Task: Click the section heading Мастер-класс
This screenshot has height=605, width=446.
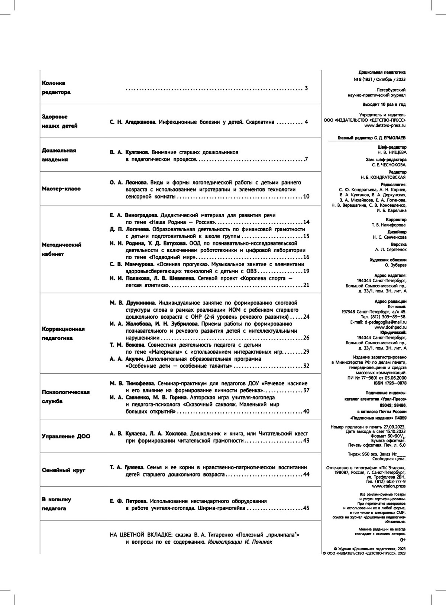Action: tap(61, 189)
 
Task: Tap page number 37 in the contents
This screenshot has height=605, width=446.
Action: tap(306, 390)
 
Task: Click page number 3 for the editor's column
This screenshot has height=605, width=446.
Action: tap(306, 88)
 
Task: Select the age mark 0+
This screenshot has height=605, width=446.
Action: tap(403, 540)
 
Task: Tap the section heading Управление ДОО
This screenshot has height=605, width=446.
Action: tap(66, 437)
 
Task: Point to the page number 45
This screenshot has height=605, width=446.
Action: tap(306, 508)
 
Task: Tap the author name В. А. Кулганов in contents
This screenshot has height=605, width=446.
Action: tap(129, 152)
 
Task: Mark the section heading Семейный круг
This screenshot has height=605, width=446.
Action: tap(64, 470)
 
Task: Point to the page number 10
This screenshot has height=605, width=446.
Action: tap(306, 196)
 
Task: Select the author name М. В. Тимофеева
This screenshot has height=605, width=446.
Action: tap(132, 383)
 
